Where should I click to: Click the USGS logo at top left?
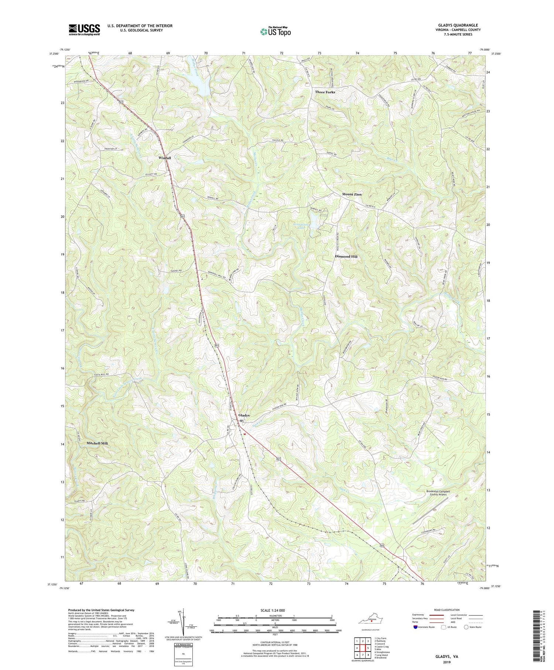84,29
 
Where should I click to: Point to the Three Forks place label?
325,92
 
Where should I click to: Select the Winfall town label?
165,158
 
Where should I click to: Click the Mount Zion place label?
352,194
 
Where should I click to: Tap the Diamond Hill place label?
346,256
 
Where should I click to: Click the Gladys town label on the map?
244,415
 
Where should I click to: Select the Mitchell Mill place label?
97,443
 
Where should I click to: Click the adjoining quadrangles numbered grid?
362,645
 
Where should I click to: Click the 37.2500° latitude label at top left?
54,54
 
